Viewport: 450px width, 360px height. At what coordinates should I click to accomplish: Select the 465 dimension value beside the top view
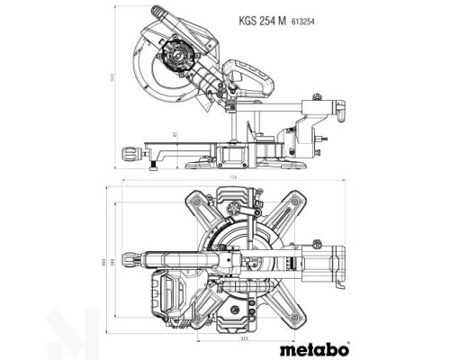click(x=105, y=261)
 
